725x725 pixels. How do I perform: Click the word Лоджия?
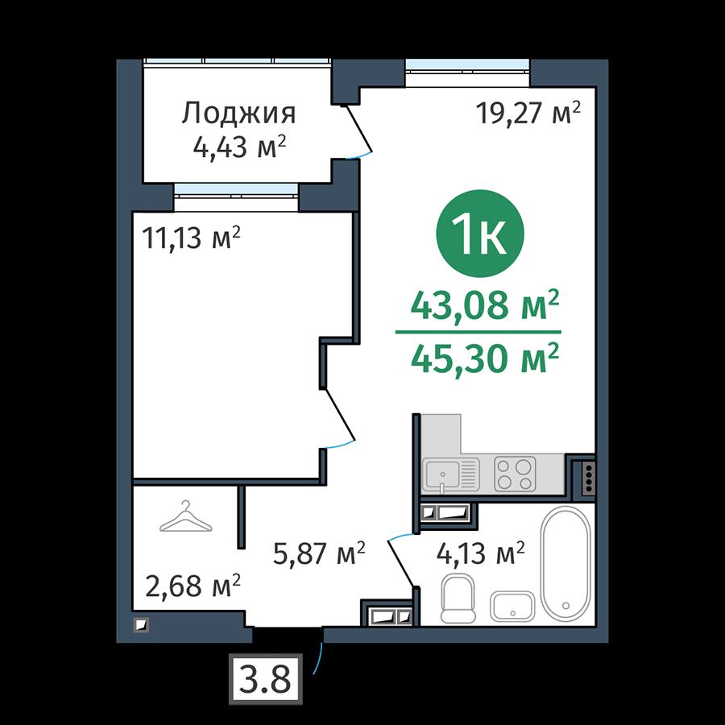coord(238,114)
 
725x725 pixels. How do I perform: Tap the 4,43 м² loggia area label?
coord(239,147)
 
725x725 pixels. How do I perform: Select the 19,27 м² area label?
coord(528,113)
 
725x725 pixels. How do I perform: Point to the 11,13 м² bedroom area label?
coord(192,238)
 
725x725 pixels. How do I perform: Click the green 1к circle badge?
coord(480,234)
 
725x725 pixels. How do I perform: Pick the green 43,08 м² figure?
coord(485,305)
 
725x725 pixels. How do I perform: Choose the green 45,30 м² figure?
coord(485,358)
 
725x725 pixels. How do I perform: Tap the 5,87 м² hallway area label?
coord(319,553)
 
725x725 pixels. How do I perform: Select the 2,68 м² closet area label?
coord(193,586)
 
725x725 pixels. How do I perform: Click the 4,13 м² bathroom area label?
coord(480,553)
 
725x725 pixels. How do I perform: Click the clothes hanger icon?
coord(186,517)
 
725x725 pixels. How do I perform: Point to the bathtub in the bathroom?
coord(565,563)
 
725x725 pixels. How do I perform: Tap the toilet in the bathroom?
coord(458,599)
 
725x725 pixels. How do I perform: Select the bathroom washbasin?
coord(512,606)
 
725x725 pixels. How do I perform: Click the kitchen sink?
coord(450,474)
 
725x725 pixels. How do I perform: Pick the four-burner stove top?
coord(515,474)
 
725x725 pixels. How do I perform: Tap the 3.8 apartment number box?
coord(265,679)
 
